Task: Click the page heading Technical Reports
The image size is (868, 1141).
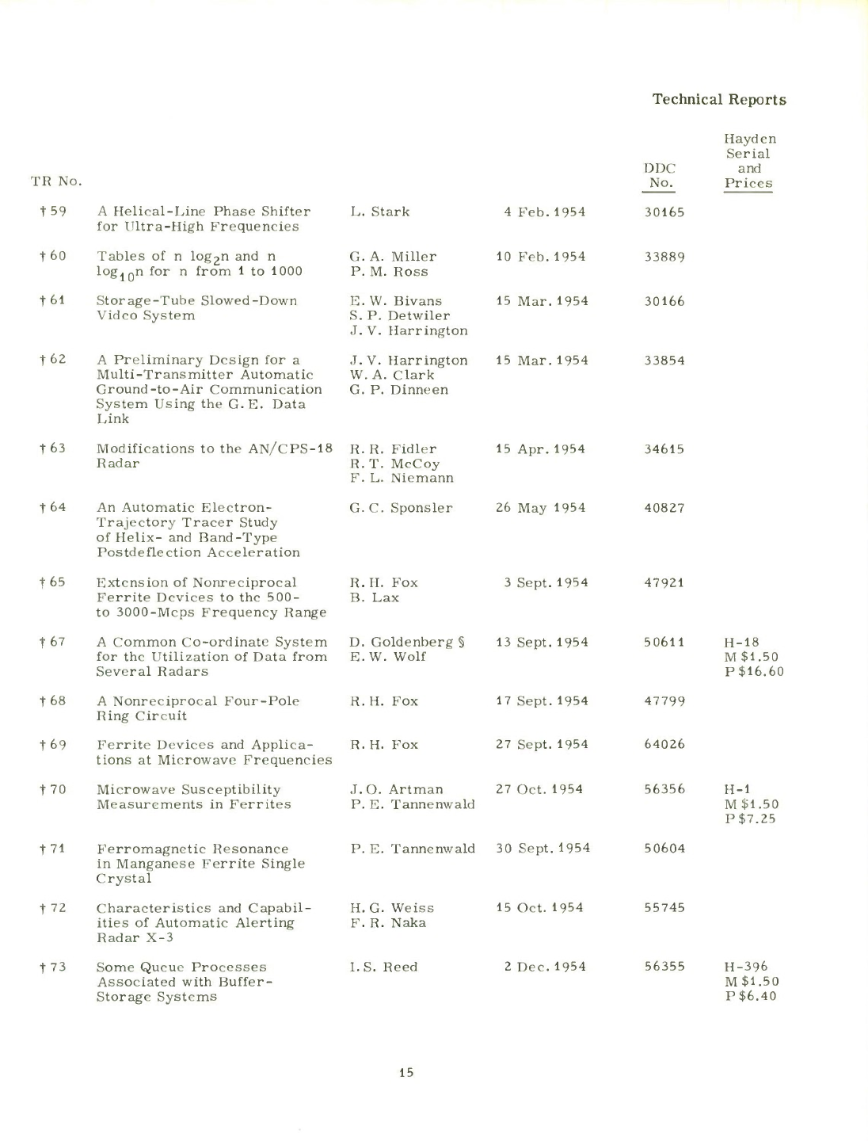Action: [x=719, y=100]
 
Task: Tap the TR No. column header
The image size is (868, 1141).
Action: [x=56, y=181]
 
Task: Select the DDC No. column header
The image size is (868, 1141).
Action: [x=659, y=175]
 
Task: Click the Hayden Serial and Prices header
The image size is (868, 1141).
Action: [x=749, y=161]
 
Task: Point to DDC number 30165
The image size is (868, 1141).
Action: [x=664, y=212]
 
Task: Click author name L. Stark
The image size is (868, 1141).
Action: [x=380, y=212]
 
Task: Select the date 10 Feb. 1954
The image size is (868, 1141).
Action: [x=541, y=257]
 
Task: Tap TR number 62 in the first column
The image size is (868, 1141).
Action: [x=53, y=360]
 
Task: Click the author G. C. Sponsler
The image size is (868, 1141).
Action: [x=401, y=508]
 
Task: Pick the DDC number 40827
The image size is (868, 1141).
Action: [x=664, y=508]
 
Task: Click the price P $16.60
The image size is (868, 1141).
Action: [x=754, y=672]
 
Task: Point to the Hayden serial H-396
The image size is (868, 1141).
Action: [x=746, y=967]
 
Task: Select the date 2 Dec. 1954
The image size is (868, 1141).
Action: [x=545, y=967]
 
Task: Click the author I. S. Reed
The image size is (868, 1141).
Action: [x=383, y=967]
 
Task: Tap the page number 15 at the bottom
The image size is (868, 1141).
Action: [x=406, y=1073]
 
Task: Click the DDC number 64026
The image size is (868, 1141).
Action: [x=664, y=745]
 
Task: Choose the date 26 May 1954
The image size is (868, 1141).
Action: [x=541, y=508]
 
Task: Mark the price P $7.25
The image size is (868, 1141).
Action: [x=750, y=819]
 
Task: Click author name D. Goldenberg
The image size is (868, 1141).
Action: [x=401, y=642]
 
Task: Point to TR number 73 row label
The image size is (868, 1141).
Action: [x=53, y=967]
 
